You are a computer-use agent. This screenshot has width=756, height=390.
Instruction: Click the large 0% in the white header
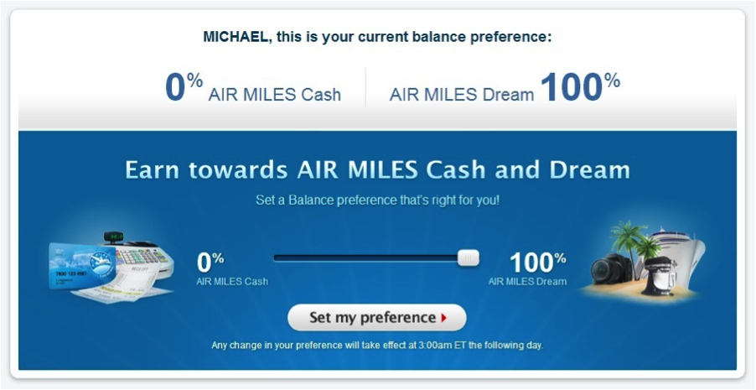tap(183, 87)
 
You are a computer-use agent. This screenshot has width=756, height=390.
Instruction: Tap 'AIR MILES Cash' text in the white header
tap(275, 95)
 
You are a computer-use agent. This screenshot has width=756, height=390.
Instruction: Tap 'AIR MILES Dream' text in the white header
tap(461, 95)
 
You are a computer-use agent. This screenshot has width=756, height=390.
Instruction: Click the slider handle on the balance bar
tap(469, 258)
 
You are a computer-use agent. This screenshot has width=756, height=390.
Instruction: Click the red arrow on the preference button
tap(443, 318)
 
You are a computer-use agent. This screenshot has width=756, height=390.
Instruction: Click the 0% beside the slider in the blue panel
tap(210, 262)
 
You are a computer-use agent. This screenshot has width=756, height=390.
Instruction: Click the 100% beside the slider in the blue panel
tap(537, 262)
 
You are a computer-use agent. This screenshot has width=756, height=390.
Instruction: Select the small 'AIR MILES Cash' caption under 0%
tap(232, 282)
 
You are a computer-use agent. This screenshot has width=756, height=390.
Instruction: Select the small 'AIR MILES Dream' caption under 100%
tap(527, 282)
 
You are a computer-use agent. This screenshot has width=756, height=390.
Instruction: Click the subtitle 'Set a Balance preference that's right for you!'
tap(377, 201)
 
